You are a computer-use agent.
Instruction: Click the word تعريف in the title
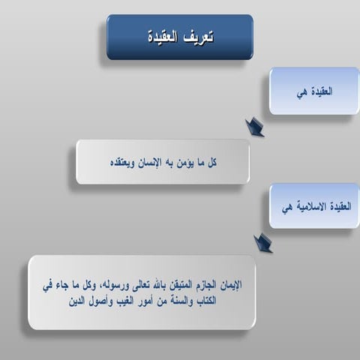coord(198,37)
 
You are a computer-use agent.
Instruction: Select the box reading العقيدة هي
coord(314,91)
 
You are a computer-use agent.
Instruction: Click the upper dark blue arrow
coord(255,127)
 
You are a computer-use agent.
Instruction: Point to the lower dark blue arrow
coord(262,242)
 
